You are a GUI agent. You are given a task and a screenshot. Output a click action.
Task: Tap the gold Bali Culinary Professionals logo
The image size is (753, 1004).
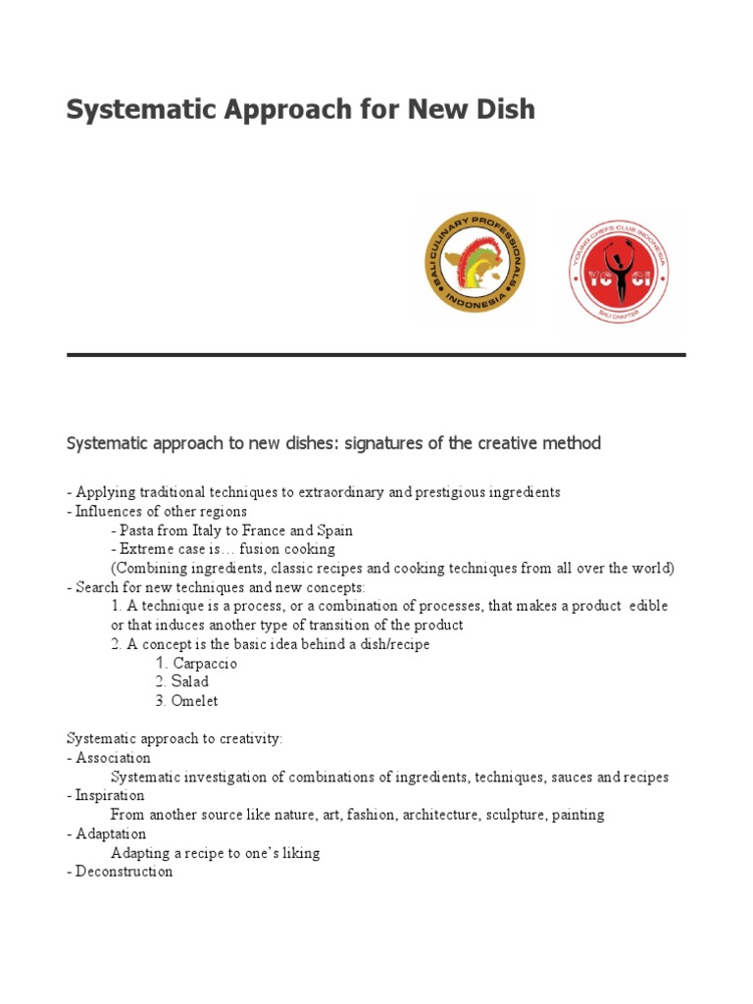coord(475,264)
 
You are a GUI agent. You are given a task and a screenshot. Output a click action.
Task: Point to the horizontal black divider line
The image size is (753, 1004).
coord(376,355)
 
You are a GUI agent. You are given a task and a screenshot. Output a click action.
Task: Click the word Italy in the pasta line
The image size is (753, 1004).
coord(215,530)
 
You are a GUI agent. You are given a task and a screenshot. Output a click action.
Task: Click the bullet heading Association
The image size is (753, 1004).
coord(113,758)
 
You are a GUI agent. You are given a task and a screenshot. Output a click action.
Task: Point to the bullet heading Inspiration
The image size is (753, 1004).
coord(110,795)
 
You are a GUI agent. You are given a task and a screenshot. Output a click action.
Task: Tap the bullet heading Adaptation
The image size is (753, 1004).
coord(111,833)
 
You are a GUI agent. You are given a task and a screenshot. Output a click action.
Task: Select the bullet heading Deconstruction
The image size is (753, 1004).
coord(124,872)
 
